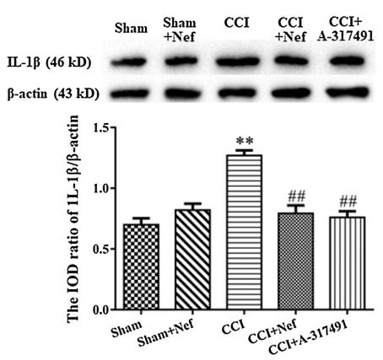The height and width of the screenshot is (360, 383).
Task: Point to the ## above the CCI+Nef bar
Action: click(294, 196)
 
